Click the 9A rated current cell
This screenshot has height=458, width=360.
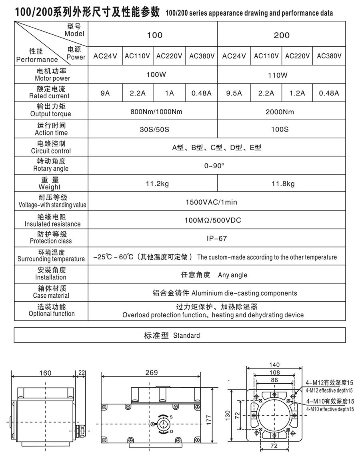(105, 93)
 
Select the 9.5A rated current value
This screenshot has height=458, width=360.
(234, 93)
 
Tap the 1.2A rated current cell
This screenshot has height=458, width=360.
(297, 93)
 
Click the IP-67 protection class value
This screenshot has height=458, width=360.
(217, 239)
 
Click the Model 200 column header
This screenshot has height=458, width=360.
(282, 35)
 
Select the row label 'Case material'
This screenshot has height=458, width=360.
(51, 296)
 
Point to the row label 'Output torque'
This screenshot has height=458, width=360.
(51, 114)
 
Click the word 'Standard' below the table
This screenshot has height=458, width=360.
(186, 335)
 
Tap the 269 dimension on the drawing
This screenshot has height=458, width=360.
(152, 372)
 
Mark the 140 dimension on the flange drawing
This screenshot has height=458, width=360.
(274, 364)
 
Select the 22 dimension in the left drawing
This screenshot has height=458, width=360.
(82, 372)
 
